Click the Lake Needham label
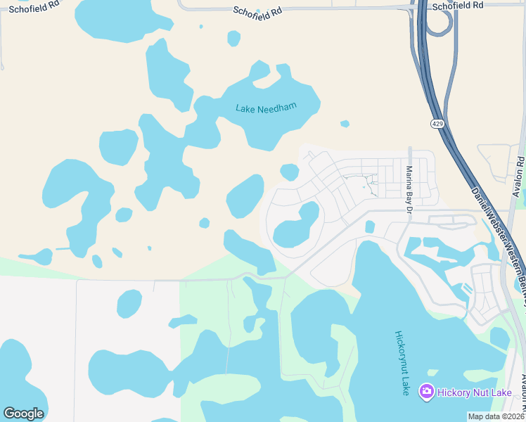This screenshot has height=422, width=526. pos(266,108)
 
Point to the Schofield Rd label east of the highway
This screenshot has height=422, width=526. pos(458,5)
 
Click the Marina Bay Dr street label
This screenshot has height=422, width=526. pos(408,188)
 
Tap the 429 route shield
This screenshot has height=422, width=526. pos(437,124)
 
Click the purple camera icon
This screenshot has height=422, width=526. pos(425,391)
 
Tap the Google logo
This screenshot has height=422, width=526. pos(23,414)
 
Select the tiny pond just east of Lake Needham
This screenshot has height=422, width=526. pos(345,124)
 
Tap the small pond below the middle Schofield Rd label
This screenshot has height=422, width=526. pos(233,38)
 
